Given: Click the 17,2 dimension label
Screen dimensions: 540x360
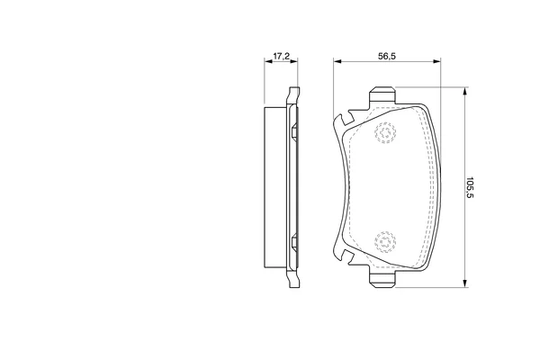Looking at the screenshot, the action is point(282,56).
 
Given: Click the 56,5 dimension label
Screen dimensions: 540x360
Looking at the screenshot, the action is point(387,56).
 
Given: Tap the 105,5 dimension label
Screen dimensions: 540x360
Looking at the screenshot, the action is point(471,187).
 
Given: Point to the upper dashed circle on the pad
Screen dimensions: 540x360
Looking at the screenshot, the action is point(385,132).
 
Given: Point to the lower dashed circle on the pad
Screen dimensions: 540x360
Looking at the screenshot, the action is point(385,241).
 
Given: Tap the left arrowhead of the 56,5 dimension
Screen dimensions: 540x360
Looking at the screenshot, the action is point(337,61).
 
